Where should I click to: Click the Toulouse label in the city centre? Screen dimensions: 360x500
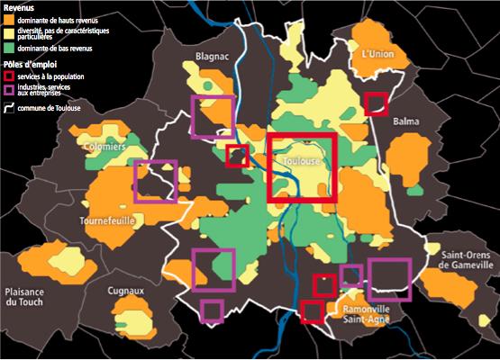(x=303, y=161)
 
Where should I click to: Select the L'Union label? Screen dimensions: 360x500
(x=378, y=55)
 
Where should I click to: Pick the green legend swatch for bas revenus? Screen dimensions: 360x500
(x=10, y=46)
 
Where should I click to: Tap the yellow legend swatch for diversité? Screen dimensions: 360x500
(x=10, y=33)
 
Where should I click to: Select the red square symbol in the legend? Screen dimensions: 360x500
(x=10, y=77)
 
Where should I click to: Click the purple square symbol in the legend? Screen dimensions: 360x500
(x=10, y=90)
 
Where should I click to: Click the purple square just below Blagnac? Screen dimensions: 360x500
(x=213, y=116)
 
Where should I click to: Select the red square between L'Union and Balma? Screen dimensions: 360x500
(x=377, y=103)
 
